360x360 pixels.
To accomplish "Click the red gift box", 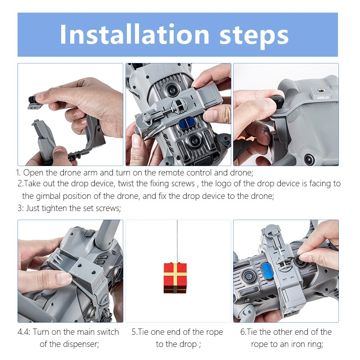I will pos(175,278).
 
